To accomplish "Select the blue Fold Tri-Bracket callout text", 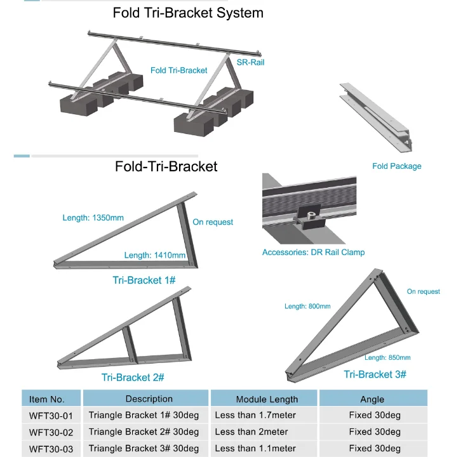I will point(178,70).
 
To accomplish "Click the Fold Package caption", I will point(396,166).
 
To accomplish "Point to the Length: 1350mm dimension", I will point(93,218).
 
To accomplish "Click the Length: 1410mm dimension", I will point(154,256).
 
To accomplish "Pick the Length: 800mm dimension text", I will point(307,307).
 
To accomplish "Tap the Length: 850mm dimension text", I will point(387,358).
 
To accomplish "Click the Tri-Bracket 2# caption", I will point(133,378).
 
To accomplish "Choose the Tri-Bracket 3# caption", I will point(375,374).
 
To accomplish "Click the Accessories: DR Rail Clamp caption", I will point(313,253).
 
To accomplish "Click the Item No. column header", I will point(47,399).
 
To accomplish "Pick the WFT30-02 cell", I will point(51,432).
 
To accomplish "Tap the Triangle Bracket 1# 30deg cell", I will point(139,416).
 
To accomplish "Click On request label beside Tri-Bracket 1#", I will point(213,222).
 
